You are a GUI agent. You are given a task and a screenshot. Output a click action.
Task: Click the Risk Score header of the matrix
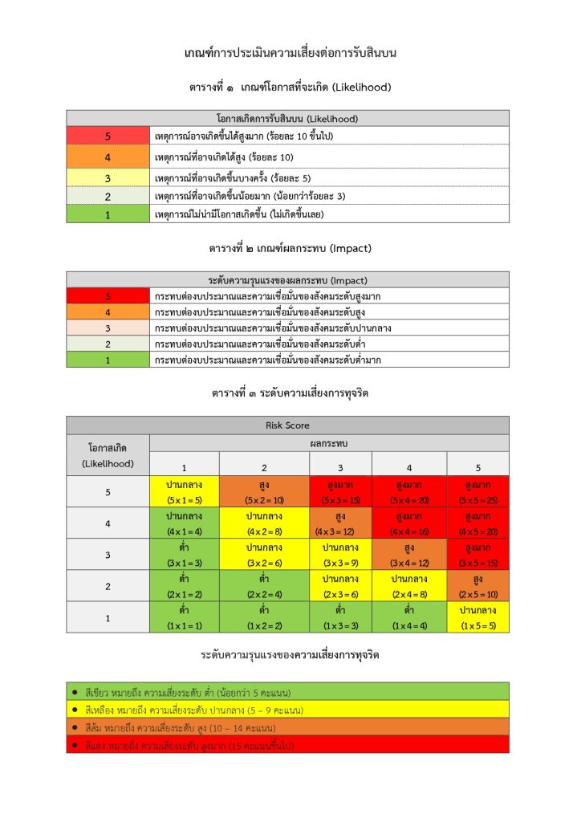coord(287,425)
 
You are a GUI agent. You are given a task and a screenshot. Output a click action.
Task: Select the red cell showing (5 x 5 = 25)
coord(477,491)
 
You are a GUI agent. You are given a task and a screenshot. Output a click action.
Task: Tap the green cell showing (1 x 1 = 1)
coord(184,616)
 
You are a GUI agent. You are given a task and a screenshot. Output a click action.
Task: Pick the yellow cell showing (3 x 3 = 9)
coord(340,554)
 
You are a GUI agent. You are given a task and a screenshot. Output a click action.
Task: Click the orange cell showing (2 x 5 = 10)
coord(477,585)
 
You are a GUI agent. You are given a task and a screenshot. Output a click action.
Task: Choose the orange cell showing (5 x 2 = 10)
coord(264,491)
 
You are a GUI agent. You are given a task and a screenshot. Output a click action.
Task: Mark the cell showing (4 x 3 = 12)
coord(340,523)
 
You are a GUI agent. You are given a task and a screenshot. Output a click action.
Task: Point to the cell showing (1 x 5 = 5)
coord(477,616)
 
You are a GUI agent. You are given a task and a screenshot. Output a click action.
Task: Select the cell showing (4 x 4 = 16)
coord(409,523)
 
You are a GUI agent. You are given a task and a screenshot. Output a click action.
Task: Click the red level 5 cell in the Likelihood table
coord(108,136)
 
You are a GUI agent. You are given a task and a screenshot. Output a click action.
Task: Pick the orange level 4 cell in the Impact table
coord(108,312)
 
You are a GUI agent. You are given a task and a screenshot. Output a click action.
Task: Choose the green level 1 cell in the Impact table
coord(108,360)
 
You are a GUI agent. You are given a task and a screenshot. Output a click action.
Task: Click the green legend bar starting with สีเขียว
coord(287,691)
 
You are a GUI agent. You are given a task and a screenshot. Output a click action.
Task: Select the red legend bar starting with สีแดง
coord(287,745)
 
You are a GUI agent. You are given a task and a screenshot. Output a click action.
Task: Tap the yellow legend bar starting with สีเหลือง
coord(287,710)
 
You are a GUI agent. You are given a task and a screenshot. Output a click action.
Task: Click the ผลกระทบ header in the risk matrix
coord(328,443)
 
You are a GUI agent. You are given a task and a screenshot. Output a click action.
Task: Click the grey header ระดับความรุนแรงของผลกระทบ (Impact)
coord(287,280)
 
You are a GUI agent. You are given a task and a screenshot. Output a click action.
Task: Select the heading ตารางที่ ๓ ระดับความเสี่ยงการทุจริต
coord(290,393)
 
